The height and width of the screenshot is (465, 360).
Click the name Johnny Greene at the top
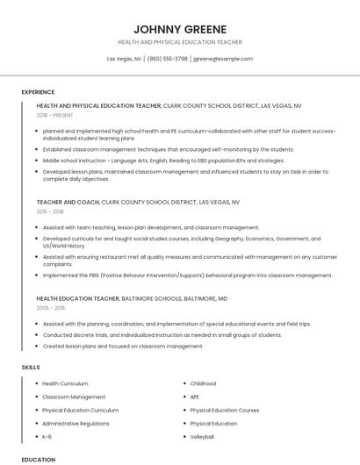coord(179,28)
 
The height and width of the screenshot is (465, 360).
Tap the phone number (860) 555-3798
coord(168,59)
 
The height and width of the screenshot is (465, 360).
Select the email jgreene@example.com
coord(222,59)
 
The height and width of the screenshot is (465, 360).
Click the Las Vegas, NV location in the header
coord(125,59)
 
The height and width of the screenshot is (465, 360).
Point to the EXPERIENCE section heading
coord(38,92)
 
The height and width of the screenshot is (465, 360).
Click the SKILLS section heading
coord(31,367)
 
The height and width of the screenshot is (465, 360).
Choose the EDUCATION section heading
coord(38,459)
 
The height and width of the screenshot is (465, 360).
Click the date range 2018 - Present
coord(54,115)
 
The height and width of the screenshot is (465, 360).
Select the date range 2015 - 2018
coord(50,211)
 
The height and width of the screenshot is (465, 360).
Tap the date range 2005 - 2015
coord(51,308)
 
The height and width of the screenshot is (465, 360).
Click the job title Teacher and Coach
coord(68,202)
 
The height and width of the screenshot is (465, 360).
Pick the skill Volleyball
coord(202,436)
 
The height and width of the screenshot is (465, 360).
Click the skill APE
coord(195,397)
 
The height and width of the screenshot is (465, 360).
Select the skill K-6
coord(47,436)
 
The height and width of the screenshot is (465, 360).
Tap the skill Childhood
coord(203,383)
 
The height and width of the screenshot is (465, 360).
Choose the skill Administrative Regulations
coord(76,423)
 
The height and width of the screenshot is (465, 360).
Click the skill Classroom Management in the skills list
coord(74,397)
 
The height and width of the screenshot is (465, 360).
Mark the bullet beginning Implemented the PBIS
coord(187,275)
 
